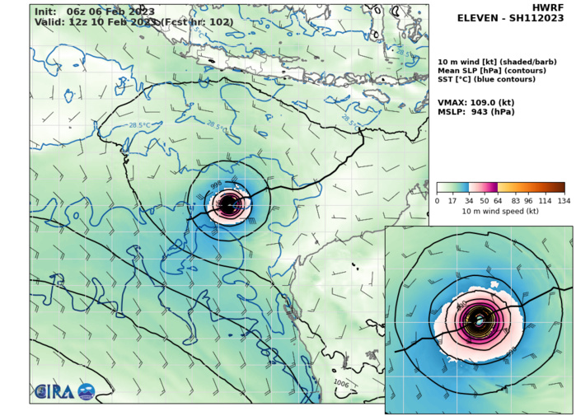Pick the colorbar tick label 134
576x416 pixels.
click(564, 201)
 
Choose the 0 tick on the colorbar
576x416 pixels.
click(437, 201)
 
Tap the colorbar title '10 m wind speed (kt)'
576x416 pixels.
click(500, 212)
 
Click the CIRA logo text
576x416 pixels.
click(54, 391)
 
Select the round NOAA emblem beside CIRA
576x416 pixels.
click(86, 392)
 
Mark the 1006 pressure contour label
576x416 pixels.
click(342, 383)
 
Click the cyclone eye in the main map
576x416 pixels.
click(231, 203)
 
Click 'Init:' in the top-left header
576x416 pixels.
click(46, 11)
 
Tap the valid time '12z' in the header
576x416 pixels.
click(78, 22)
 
